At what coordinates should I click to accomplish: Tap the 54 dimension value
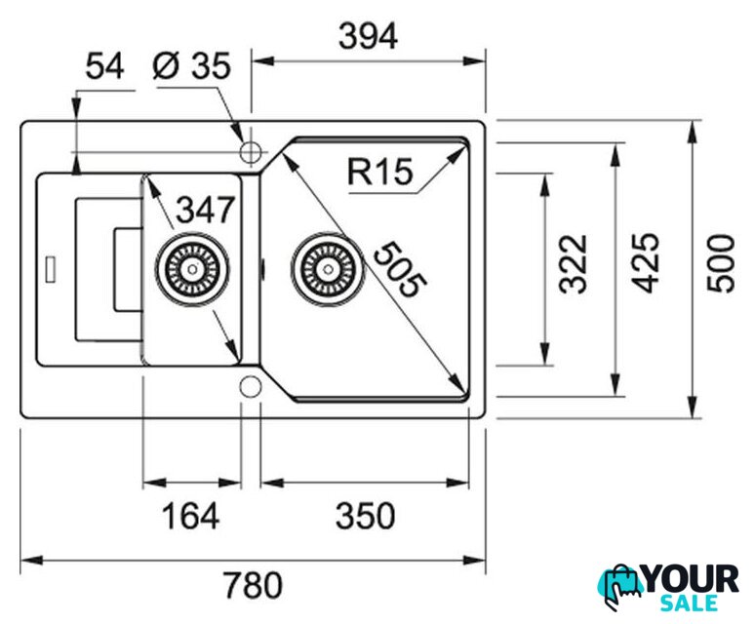click(x=105, y=67)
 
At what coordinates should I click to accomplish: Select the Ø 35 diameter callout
click(x=192, y=67)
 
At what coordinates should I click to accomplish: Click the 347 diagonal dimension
click(x=205, y=208)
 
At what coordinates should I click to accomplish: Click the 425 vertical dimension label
click(x=645, y=263)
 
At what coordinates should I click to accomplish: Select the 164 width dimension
click(x=191, y=516)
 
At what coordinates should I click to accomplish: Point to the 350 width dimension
click(x=365, y=516)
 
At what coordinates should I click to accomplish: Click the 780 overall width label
click(x=253, y=585)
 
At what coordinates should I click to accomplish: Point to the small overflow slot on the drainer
click(x=51, y=267)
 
